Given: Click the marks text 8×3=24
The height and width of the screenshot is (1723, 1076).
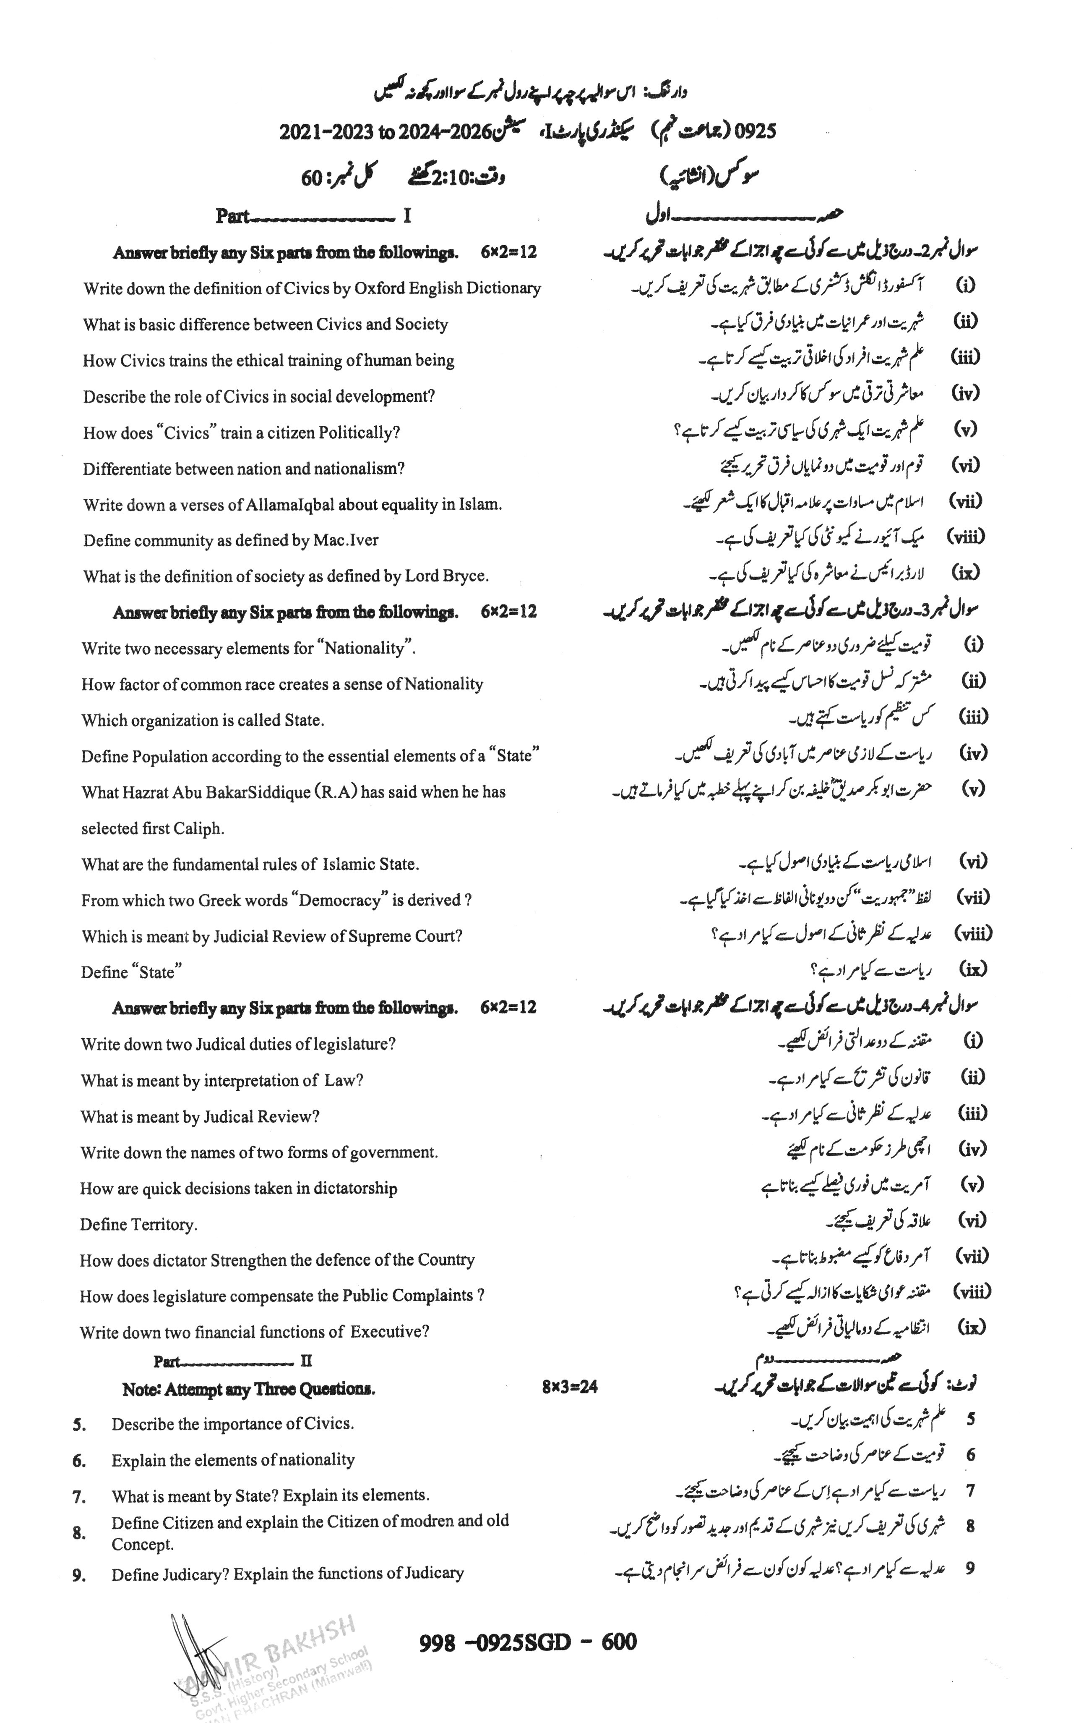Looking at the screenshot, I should pyautogui.click(x=569, y=1386).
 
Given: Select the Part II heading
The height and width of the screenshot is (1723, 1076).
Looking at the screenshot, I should pyautogui.click(x=233, y=1361).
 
